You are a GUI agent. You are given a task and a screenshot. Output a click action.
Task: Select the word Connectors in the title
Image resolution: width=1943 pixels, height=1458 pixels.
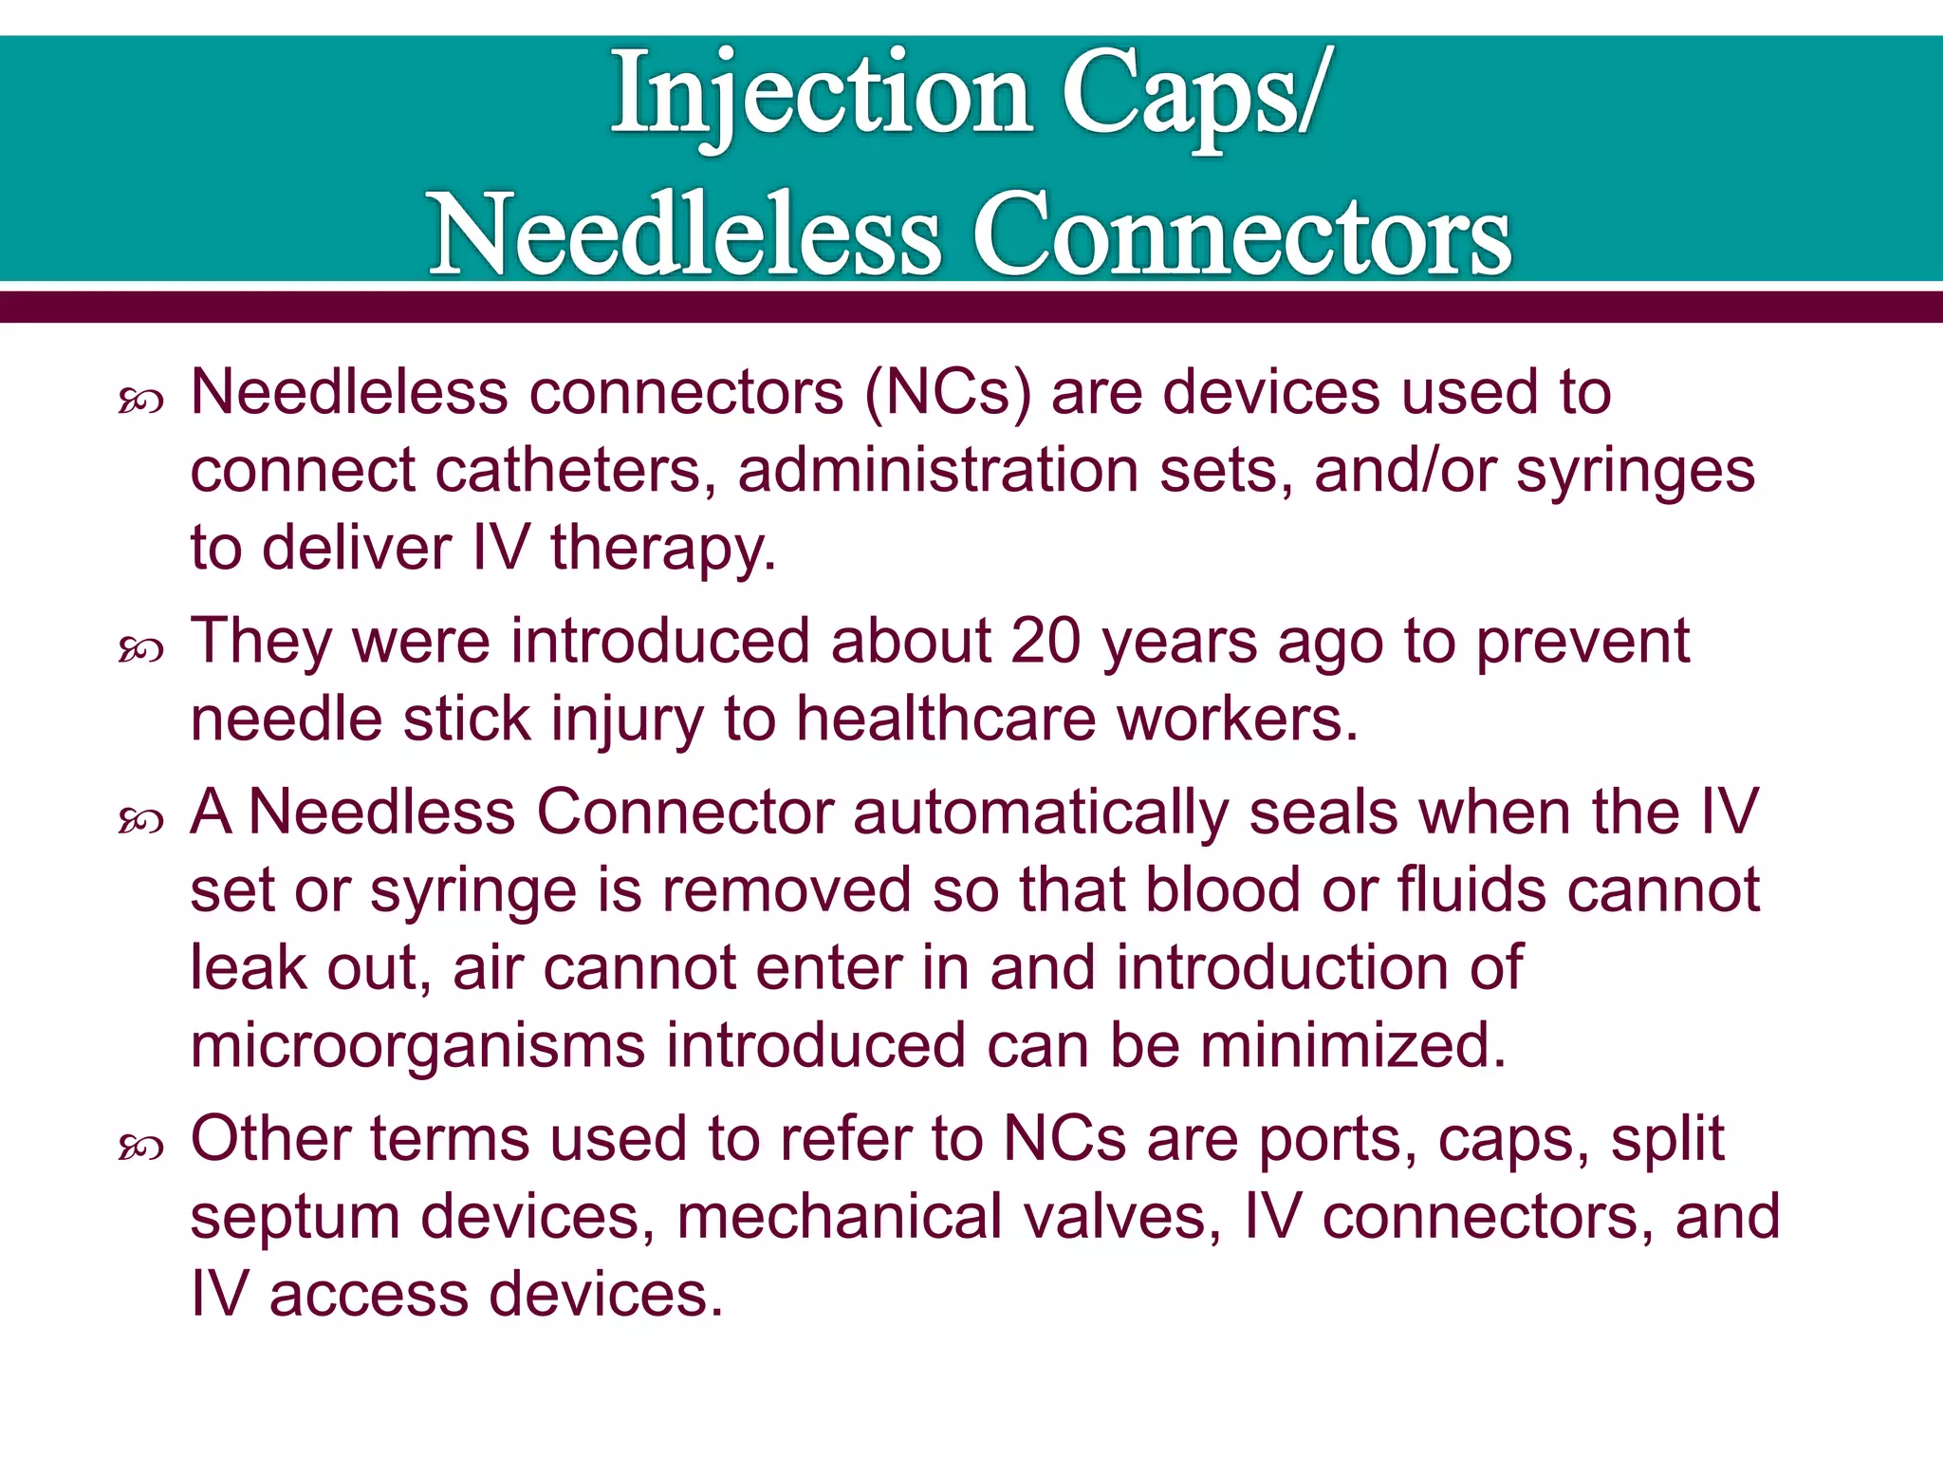click(1242, 234)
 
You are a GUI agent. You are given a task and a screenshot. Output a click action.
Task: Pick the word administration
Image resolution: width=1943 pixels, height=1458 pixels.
click(937, 470)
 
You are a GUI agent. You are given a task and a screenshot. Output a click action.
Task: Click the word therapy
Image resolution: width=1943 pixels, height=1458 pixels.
click(663, 548)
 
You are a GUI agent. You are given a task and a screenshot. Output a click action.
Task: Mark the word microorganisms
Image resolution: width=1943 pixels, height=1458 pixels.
click(416, 1046)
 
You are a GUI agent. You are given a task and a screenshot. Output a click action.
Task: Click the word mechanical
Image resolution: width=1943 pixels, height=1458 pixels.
click(839, 1217)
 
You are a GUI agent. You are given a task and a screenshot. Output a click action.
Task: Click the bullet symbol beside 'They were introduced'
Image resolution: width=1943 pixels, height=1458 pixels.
click(141, 650)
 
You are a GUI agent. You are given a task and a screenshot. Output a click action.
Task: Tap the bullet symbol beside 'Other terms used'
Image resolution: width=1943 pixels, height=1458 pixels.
click(141, 1149)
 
